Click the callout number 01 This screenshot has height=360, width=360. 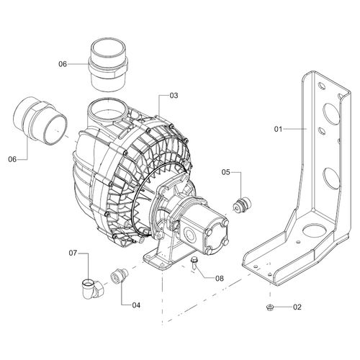(x=278, y=129)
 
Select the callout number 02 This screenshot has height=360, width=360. (x=297, y=307)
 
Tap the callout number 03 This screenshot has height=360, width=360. (x=174, y=96)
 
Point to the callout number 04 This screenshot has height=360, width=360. (x=136, y=305)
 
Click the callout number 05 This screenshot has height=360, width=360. (x=225, y=172)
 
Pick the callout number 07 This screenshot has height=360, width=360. (x=73, y=253)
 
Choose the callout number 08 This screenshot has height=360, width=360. (x=220, y=279)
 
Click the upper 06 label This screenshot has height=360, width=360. (x=63, y=64)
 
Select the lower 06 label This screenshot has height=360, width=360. (x=12, y=159)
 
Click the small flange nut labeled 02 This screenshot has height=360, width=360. (x=270, y=307)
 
